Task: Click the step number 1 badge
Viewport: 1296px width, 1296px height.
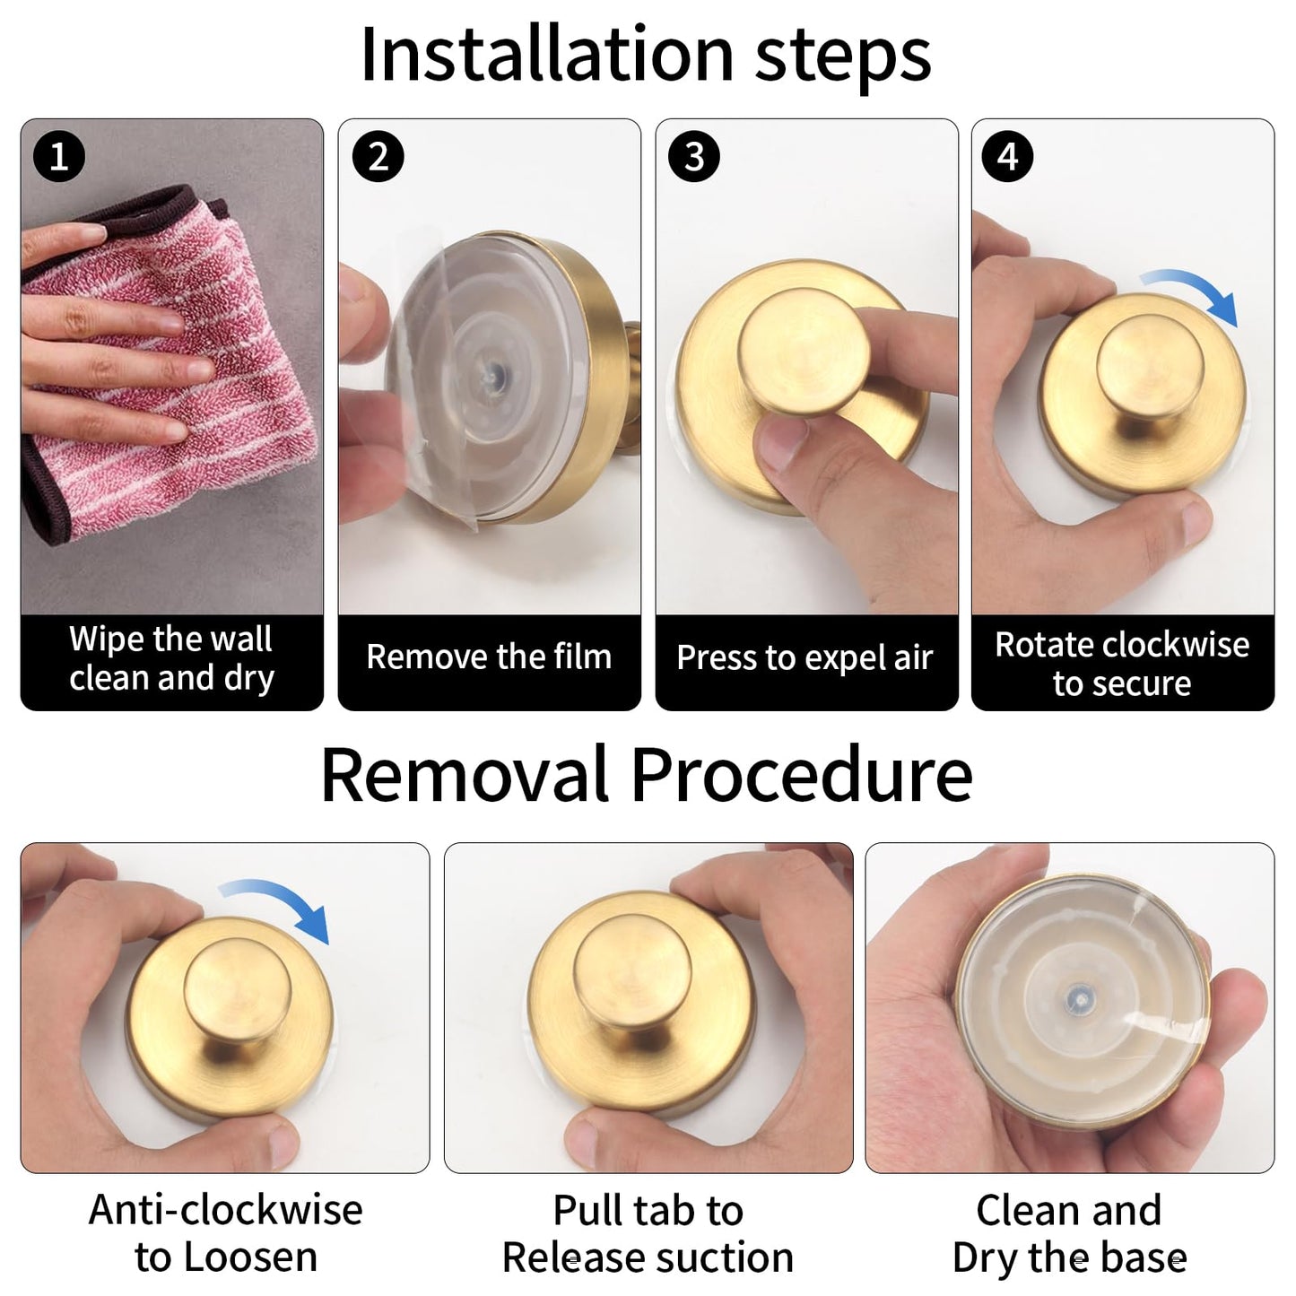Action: click(59, 156)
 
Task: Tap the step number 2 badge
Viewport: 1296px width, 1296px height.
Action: click(378, 156)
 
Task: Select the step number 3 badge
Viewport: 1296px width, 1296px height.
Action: click(694, 156)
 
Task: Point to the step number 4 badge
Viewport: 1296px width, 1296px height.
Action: click(1007, 156)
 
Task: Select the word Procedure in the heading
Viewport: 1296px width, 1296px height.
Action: click(802, 776)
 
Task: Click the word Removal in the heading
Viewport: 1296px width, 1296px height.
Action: click(465, 776)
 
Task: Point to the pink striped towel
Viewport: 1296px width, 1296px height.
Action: click(168, 363)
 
